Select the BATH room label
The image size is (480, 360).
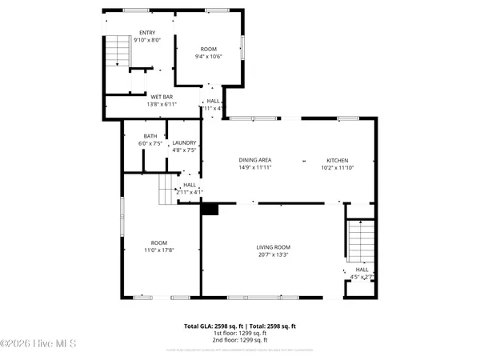(x=150, y=136)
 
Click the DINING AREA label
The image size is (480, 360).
(x=255, y=160)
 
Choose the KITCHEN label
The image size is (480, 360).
(x=337, y=160)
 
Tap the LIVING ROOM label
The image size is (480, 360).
(x=273, y=247)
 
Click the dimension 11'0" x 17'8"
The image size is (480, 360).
(x=159, y=250)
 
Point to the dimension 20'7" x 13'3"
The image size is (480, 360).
(x=273, y=254)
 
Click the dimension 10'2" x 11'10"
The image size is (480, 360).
(x=337, y=167)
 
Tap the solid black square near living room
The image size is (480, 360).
(x=210, y=209)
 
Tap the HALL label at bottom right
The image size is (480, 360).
(x=362, y=270)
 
